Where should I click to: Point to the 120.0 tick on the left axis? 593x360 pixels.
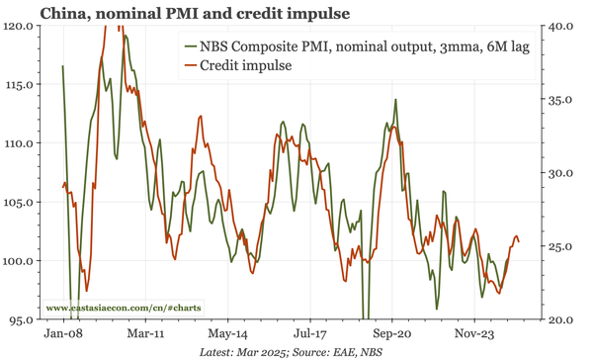pyautogui.click(x=20, y=25)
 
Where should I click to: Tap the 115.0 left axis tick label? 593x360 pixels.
pyautogui.click(x=20, y=84)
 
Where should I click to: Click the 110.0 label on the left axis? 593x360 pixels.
pyautogui.click(x=20, y=143)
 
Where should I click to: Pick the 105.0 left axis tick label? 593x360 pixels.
pyautogui.click(x=20, y=203)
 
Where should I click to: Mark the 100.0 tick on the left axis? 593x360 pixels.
pyautogui.click(x=20, y=261)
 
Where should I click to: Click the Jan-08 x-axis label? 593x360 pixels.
pyautogui.click(x=63, y=334)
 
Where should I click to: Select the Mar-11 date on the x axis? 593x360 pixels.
pyautogui.click(x=145, y=334)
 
